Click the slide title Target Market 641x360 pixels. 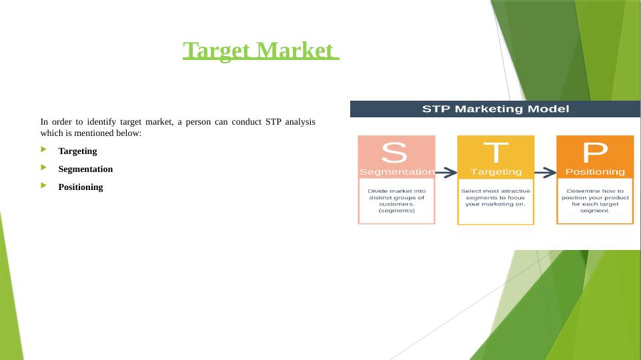261,51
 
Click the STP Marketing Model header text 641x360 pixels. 495,109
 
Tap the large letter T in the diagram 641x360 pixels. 496,152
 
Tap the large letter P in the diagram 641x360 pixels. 595,153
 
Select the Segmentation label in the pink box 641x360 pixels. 396,172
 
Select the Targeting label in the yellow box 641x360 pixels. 496,172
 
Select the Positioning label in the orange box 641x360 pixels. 595,172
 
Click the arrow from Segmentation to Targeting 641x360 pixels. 446,173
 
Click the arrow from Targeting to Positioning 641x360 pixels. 545,173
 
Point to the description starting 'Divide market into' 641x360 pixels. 396,201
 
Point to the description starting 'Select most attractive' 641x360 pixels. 496,197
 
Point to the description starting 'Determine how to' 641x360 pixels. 595,201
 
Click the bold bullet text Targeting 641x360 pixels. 77,151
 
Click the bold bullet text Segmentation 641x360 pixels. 85,169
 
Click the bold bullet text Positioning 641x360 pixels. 81,187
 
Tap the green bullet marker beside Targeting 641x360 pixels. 44,151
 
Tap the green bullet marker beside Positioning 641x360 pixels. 44,187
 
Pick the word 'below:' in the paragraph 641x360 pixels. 128,133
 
